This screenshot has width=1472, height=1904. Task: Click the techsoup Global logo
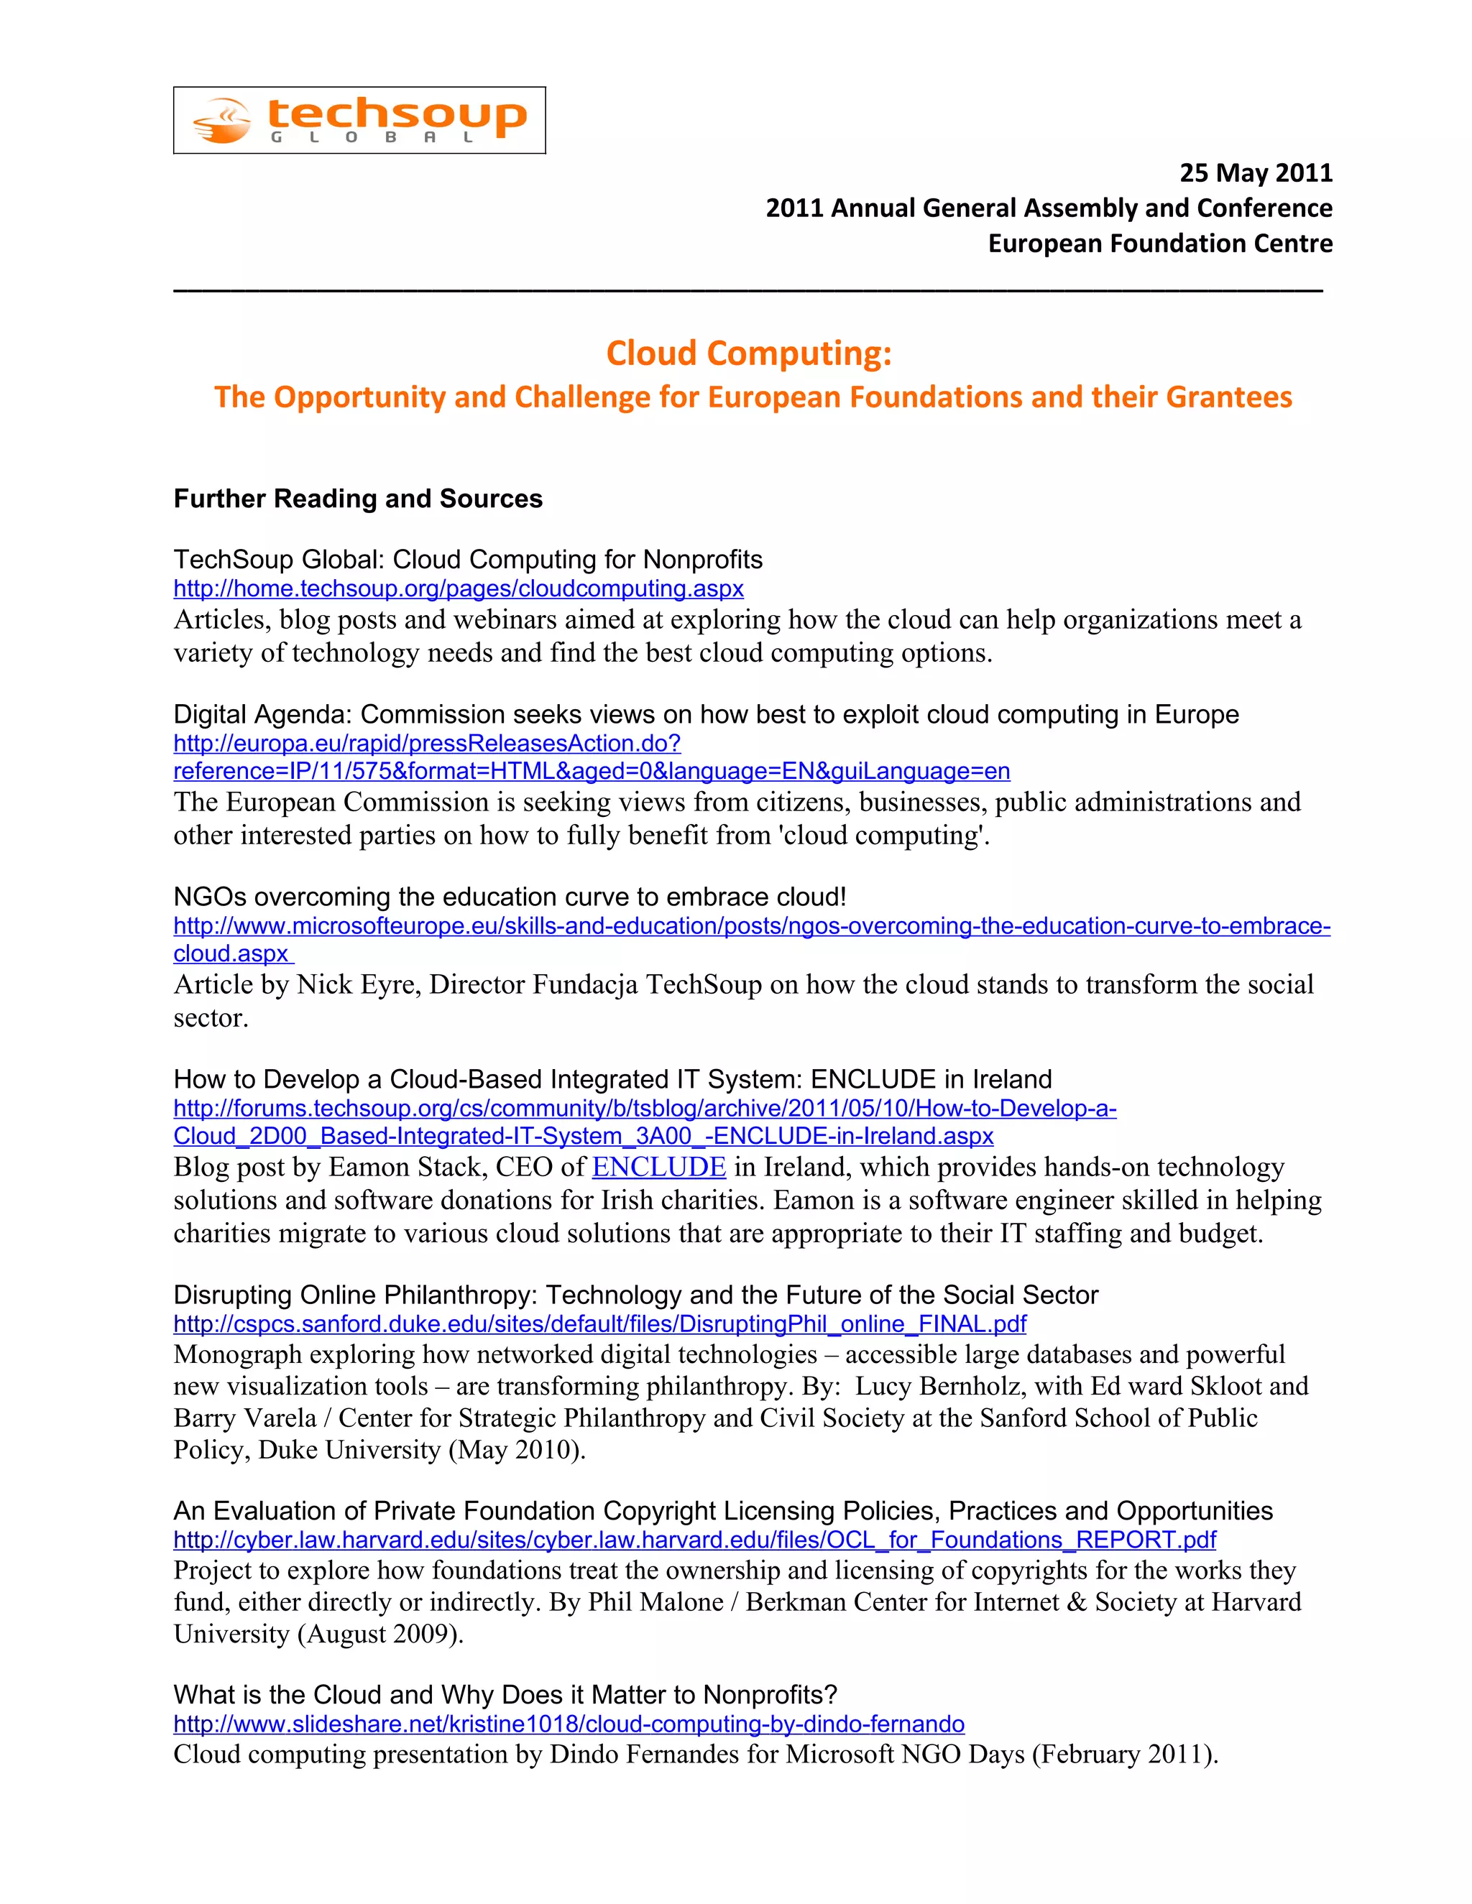[x=359, y=120]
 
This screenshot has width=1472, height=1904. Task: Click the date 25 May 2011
[x=1255, y=172]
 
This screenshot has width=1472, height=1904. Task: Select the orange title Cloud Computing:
[x=748, y=353]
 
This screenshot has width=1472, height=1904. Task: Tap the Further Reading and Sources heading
[x=357, y=499]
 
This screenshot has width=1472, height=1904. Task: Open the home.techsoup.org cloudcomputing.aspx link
[x=458, y=588]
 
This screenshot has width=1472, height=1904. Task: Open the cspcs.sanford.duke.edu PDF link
[x=599, y=1323]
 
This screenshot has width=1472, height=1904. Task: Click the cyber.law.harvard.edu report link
[x=694, y=1540]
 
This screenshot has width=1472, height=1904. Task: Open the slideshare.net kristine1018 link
[x=569, y=1724]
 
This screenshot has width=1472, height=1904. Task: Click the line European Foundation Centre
[x=1160, y=244]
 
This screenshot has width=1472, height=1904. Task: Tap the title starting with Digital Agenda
[x=706, y=714]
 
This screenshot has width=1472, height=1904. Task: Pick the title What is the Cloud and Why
[x=505, y=1694]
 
